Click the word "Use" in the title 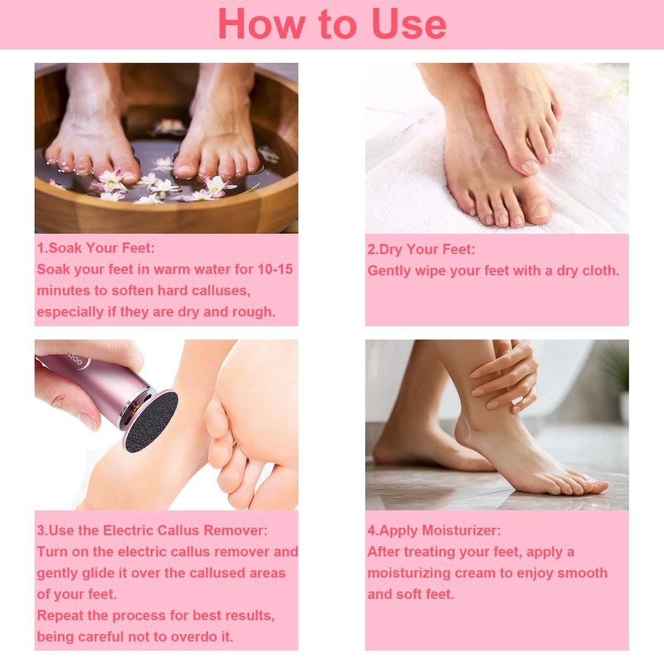point(409,25)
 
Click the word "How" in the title point(261,25)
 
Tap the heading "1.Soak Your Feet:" point(95,247)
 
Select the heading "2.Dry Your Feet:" point(421,249)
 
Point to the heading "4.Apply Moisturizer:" point(434,530)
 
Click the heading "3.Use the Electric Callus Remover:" point(152,530)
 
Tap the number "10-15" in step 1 point(276,269)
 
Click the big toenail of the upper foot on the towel point(530,167)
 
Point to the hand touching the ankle point(506,377)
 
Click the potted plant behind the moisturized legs point(619,381)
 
